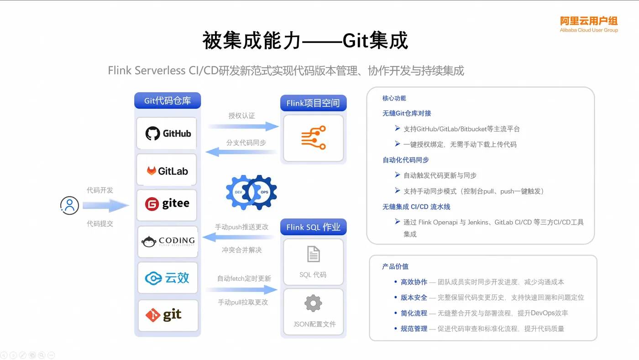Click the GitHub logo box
167,133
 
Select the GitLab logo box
167,171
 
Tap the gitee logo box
167,204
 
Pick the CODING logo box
168,242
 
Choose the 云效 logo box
168,278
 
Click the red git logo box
168,315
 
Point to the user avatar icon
69,205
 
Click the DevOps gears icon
251,192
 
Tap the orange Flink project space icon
313,138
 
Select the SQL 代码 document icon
313,254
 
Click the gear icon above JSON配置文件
313,303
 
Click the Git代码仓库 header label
168,101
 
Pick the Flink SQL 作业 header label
313,227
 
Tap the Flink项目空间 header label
313,103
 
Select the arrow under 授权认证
243,126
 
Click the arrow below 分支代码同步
242,151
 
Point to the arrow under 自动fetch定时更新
242,289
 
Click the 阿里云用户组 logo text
589,21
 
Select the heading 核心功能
394,98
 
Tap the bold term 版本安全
414,297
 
